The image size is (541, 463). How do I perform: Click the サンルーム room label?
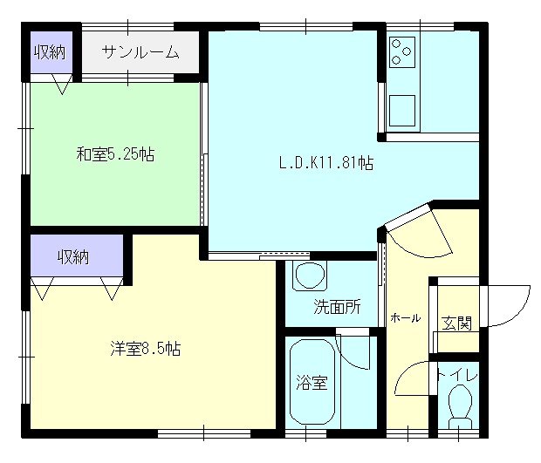(x=140, y=52)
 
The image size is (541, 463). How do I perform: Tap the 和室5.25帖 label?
(x=115, y=153)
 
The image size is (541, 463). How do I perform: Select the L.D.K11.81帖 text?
(x=326, y=162)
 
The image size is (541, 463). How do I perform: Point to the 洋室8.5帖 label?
(x=145, y=349)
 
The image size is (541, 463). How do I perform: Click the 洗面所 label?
(x=337, y=306)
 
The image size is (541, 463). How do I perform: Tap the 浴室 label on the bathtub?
(x=312, y=382)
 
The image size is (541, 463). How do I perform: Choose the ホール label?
(x=406, y=318)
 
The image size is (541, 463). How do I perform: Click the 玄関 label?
(x=456, y=323)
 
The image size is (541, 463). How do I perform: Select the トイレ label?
(x=457, y=376)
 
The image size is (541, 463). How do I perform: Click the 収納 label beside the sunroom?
(x=50, y=52)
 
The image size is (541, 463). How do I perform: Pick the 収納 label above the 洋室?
(x=73, y=257)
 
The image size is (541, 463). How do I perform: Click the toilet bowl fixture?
(x=460, y=406)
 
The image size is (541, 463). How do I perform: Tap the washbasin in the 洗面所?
(x=310, y=276)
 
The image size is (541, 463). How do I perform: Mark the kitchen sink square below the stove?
(x=402, y=111)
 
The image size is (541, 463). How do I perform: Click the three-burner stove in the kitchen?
(x=402, y=52)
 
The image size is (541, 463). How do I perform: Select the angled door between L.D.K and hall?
(x=407, y=216)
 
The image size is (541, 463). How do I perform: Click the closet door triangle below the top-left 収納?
(x=62, y=84)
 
